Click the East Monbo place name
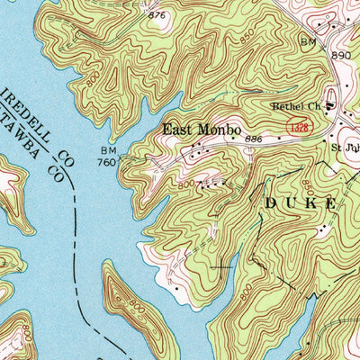[201, 130]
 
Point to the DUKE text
[300, 204]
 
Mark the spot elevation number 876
[158, 15]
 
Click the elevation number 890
[341, 55]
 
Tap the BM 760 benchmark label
[107, 157]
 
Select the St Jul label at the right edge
[345, 147]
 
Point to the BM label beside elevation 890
[310, 42]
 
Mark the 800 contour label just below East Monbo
[184, 184]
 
